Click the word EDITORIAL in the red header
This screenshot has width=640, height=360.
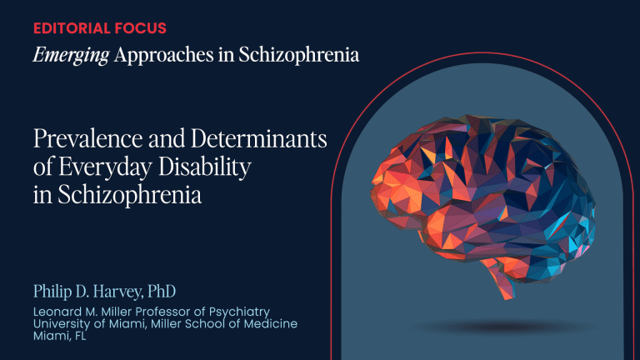point(72,28)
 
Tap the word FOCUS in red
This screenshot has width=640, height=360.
point(141,28)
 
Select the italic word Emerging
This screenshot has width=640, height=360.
point(71,56)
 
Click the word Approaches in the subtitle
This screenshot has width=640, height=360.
point(163,56)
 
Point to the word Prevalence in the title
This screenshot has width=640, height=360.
point(88,138)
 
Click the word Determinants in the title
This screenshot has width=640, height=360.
point(259,138)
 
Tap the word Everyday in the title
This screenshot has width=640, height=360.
point(105,167)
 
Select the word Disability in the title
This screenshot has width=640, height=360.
point(204,167)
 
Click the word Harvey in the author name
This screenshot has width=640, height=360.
point(117,292)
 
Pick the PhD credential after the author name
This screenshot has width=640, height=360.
point(162,291)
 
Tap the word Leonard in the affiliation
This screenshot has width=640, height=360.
point(57,312)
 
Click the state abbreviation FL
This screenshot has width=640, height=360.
point(81,336)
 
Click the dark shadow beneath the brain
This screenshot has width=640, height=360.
point(504,327)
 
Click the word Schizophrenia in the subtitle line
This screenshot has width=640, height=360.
point(299,56)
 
